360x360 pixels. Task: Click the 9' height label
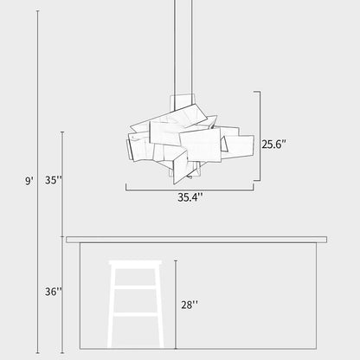point(29,181)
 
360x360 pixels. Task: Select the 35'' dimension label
point(54,181)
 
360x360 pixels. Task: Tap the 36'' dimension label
point(54,292)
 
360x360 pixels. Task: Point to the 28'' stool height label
point(190,304)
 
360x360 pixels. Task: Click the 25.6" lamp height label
point(274,145)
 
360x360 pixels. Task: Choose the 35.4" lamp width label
point(190,197)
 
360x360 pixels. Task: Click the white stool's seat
point(136,263)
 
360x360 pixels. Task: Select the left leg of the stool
point(113,312)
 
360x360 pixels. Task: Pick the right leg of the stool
point(158,312)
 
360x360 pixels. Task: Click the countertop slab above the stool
point(197,239)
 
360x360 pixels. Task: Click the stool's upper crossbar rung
point(136,286)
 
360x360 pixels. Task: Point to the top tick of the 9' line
point(37,11)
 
